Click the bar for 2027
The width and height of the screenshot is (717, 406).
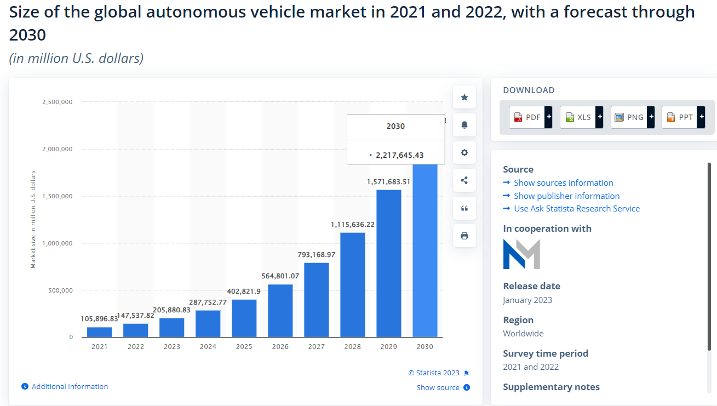click(x=316, y=300)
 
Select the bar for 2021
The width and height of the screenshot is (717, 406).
click(x=100, y=332)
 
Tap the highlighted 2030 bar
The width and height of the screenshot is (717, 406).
click(x=425, y=250)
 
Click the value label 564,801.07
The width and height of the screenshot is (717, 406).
click(x=280, y=276)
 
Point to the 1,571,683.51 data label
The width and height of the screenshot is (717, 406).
click(x=388, y=182)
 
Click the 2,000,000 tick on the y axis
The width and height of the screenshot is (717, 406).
click(x=58, y=149)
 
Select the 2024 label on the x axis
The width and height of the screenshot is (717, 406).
click(x=208, y=346)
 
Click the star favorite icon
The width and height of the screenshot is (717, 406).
click(x=464, y=98)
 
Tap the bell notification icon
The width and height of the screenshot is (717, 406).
click(x=464, y=125)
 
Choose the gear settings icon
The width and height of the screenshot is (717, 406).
click(x=464, y=153)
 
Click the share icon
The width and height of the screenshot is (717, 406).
click(x=464, y=180)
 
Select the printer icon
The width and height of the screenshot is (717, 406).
click(x=464, y=236)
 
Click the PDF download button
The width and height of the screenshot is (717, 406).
click(x=530, y=117)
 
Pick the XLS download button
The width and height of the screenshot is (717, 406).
click(x=581, y=117)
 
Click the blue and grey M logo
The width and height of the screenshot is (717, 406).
click(x=521, y=254)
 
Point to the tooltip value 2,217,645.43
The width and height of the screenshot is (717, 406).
click(x=399, y=155)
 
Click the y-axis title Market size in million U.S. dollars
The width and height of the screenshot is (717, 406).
click(x=33, y=219)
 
